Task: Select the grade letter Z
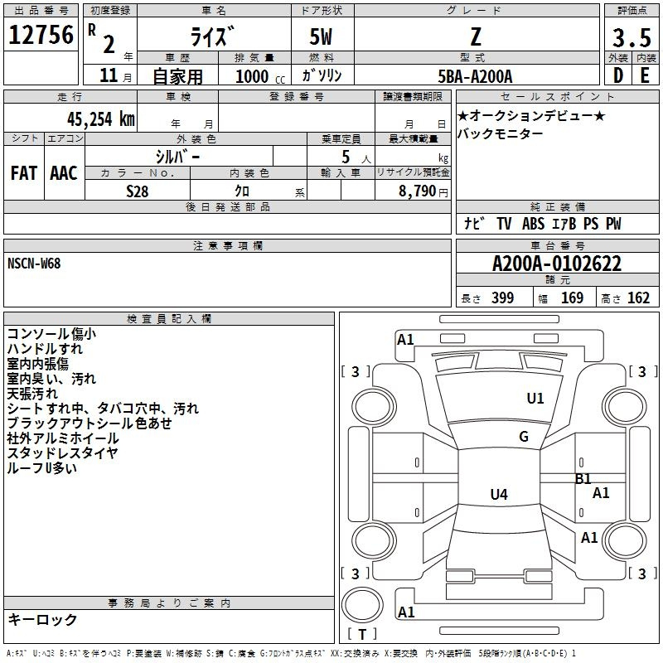pos(475,36)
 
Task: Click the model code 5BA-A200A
pos(475,76)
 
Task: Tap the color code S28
pos(138,191)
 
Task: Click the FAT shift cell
pos(24,173)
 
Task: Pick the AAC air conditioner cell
pos(64,173)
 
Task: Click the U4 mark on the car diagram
pos(498,495)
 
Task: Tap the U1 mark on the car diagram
pos(535,399)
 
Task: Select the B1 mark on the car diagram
pos(583,478)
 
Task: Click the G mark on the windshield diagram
pos(524,437)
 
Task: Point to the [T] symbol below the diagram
pos(362,635)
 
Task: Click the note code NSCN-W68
pos(34,264)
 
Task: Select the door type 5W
pos(322,38)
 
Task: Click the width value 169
pos(573,298)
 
